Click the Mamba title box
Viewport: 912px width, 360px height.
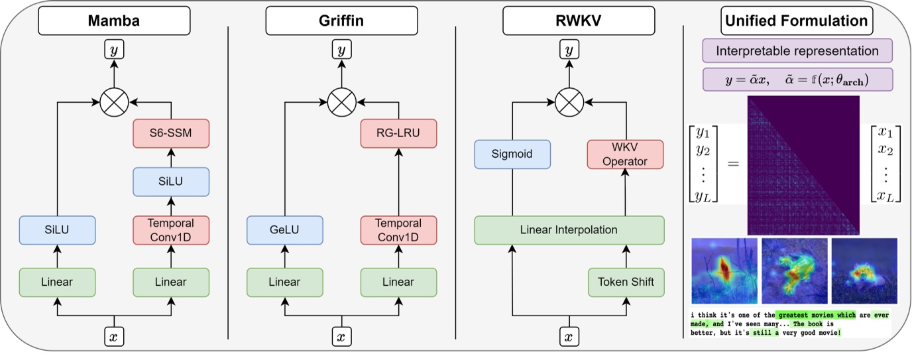[114, 21]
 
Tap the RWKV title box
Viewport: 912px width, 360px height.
[569, 21]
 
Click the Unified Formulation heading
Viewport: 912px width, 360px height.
[797, 21]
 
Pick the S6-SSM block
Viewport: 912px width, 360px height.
[171, 133]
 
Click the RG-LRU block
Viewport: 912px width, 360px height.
[398, 133]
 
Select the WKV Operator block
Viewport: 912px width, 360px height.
[625, 154]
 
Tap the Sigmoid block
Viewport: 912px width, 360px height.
[512, 154]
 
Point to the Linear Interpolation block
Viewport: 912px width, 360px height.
[569, 230]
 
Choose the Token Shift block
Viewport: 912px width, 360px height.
[625, 282]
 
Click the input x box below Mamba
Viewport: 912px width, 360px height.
[114, 337]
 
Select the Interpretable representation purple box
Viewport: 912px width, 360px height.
[797, 51]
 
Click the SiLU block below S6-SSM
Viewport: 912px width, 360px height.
[171, 181]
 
